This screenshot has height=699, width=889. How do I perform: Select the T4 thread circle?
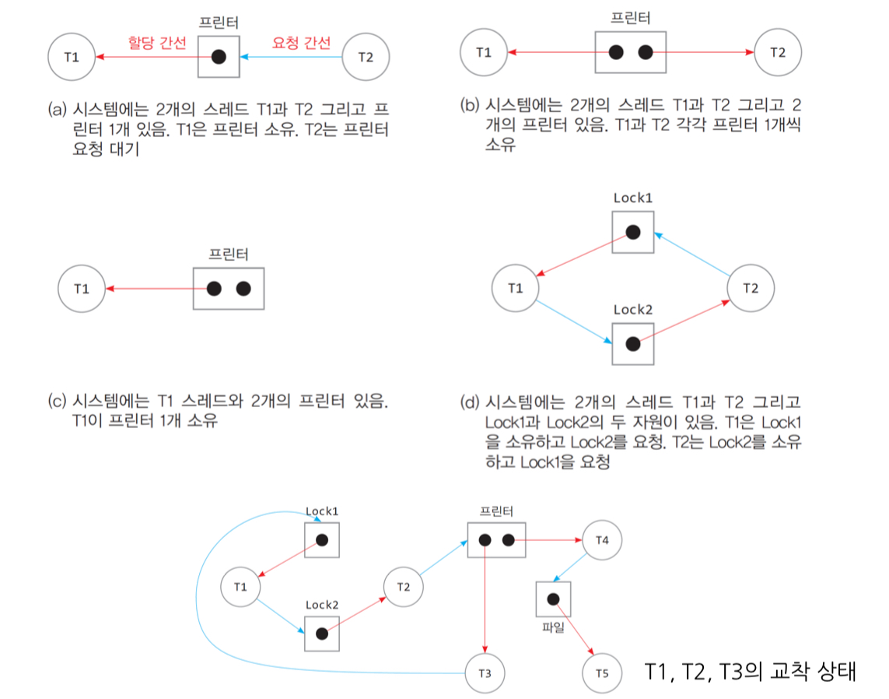tap(602, 540)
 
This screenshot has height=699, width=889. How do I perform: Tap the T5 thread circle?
tap(603, 671)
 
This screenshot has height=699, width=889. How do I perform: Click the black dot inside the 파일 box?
tap(553, 599)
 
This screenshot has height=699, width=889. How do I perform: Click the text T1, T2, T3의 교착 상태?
tap(751, 671)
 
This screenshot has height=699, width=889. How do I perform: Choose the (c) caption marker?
tap(58, 402)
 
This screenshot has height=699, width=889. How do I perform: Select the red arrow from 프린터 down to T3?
tap(485, 607)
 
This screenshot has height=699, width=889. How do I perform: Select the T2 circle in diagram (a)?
tap(366, 56)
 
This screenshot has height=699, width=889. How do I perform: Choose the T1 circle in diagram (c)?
tap(82, 289)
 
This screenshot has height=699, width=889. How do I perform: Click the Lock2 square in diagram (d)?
tap(632, 343)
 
